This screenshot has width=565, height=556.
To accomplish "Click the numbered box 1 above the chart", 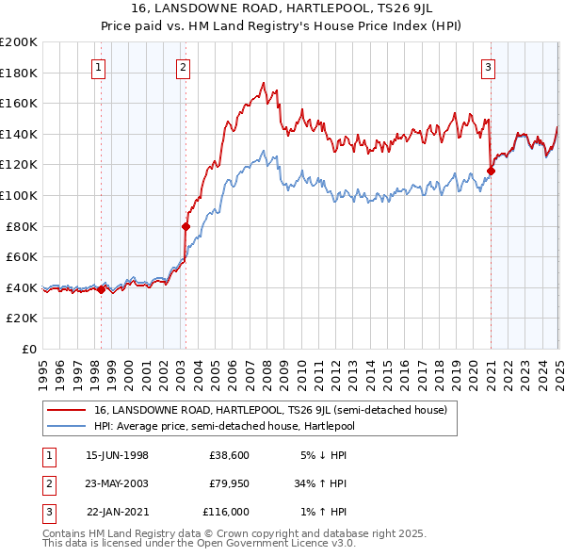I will [99, 67].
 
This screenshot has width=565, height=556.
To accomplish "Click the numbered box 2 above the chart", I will [182, 67].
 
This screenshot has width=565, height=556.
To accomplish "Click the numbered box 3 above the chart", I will [489, 67].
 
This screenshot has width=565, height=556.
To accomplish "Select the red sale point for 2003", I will [186, 226].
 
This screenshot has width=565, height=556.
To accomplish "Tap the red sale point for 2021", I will [491, 171].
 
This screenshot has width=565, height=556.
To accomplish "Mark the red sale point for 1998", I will [102, 289].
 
